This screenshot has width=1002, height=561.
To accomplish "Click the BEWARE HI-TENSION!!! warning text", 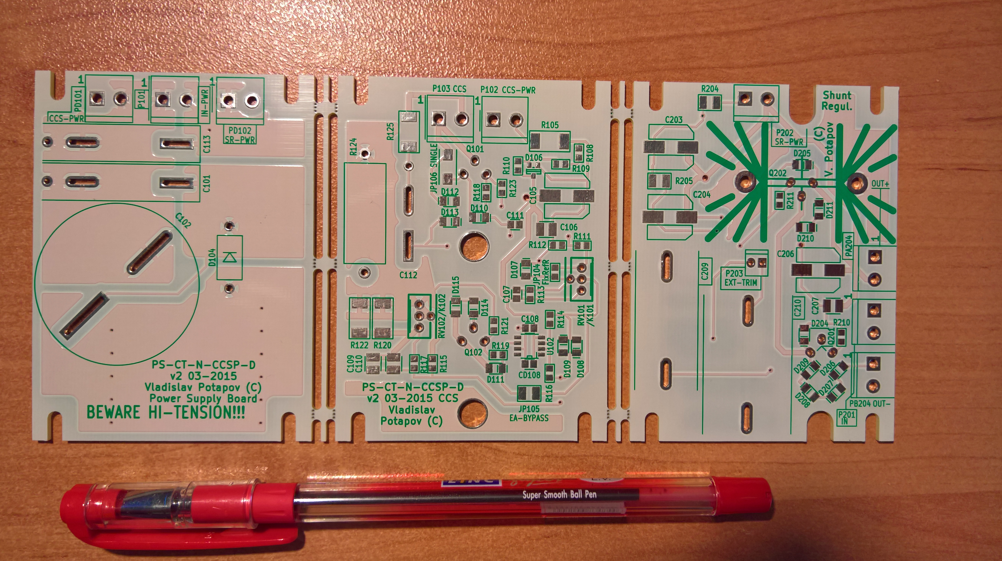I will [x=166, y=412].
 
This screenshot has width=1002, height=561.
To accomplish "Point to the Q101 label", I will [x=475, y=149].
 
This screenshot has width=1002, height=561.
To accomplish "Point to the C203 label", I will [x=673, y=120].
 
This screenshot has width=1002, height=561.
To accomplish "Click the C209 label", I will [x=705, y=271].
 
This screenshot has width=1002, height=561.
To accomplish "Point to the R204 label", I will [x=710, y=89].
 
